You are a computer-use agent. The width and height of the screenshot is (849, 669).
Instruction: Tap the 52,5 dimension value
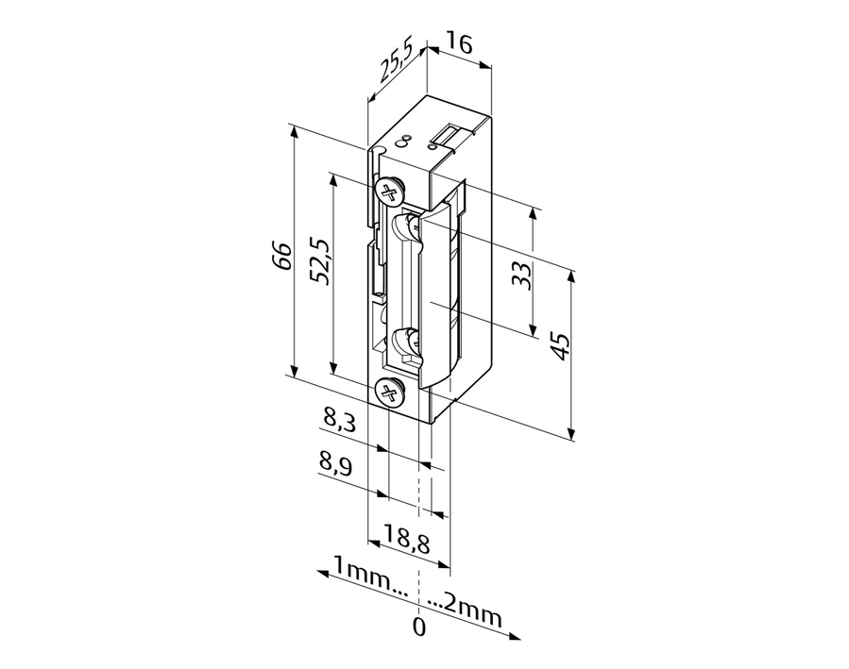(x=319, y=260)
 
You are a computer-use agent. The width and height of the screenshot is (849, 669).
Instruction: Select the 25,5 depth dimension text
(x=396, y=61)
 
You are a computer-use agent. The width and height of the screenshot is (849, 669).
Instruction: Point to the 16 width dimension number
(x=459, y=43)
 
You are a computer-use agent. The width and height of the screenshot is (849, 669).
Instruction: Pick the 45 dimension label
(x=560, y=345)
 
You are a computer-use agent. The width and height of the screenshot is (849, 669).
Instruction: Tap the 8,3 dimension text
(x=338, y=419)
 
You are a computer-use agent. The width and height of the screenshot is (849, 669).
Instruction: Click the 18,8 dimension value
(x=407, y=539)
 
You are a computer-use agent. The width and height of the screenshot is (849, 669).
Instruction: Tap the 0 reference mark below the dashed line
(x=419, y=627)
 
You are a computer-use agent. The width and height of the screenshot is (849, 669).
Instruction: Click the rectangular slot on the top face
(x=450, y=133)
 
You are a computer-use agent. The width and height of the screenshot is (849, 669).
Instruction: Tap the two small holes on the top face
(x=402, y=140)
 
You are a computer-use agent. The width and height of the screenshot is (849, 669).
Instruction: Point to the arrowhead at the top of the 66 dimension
(x=294, y=131)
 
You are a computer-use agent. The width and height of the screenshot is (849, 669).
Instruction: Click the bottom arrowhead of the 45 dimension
(x=571, y=434)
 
